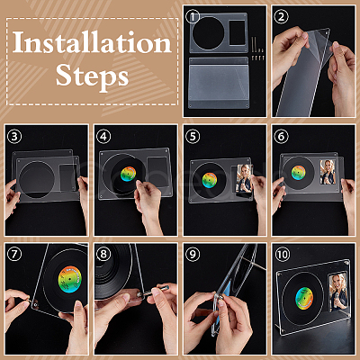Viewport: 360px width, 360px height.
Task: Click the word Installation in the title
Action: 92,42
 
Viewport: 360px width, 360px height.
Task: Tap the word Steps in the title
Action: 92,75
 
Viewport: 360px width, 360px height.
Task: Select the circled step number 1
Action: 193,17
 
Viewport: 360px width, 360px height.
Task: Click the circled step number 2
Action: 281,17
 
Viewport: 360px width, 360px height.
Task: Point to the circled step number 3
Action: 14,137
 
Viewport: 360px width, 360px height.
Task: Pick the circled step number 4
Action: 103,137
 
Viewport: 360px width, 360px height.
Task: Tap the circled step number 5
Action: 193,137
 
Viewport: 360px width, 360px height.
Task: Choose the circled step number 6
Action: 281,137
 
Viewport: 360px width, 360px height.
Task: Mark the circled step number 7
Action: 14,255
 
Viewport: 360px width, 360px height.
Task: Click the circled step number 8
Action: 103,255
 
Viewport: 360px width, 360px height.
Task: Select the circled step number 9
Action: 193,255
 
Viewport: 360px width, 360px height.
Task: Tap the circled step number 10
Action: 283,255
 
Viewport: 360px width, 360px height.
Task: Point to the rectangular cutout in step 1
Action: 237,32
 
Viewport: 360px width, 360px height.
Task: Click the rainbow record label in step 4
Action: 128,174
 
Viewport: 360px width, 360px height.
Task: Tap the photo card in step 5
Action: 244,179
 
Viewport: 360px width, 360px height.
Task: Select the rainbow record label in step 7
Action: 69,279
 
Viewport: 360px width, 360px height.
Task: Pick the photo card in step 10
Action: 337,292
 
